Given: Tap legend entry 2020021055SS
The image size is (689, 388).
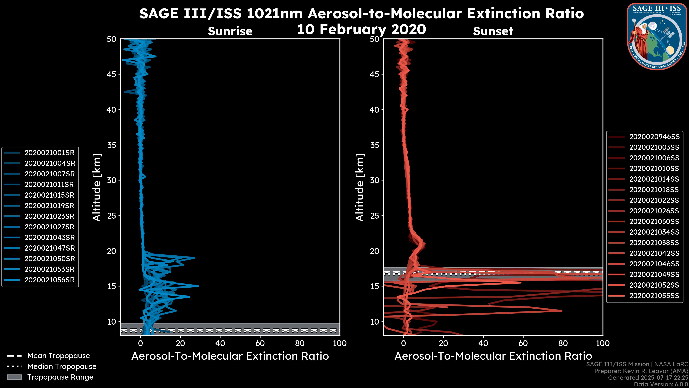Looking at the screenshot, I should coord(654,296).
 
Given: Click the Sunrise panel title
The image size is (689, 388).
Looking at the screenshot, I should coord(230,31).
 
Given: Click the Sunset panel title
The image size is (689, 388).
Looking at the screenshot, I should coord(493,31).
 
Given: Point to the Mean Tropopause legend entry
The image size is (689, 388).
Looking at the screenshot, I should coord(58,356).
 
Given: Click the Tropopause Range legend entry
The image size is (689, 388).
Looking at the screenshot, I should coord(60,377).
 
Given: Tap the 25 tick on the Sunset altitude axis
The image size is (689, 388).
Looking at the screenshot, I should coord(375,216).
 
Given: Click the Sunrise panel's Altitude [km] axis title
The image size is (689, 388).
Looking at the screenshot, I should coord(97,187).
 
